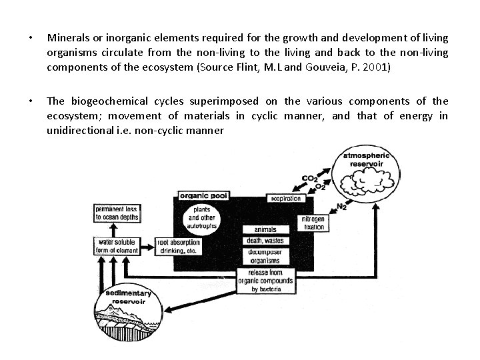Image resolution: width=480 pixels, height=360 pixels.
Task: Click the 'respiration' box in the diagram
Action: coord(286,199)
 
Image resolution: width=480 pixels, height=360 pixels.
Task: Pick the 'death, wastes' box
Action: coord(265,241)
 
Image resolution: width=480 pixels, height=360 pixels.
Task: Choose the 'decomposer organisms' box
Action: coord(265,256)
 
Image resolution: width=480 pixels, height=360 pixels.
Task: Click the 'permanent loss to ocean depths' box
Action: coord(117,213)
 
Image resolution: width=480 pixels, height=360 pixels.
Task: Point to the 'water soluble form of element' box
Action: coord(117,246)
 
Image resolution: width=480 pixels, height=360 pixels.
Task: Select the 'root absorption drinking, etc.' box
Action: coord(176,246)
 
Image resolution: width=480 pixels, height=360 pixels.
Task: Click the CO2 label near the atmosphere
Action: coord(309,179)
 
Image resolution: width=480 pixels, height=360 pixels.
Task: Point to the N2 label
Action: coord(341,206)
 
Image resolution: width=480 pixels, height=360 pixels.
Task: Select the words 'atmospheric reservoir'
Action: coord(366,159)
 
